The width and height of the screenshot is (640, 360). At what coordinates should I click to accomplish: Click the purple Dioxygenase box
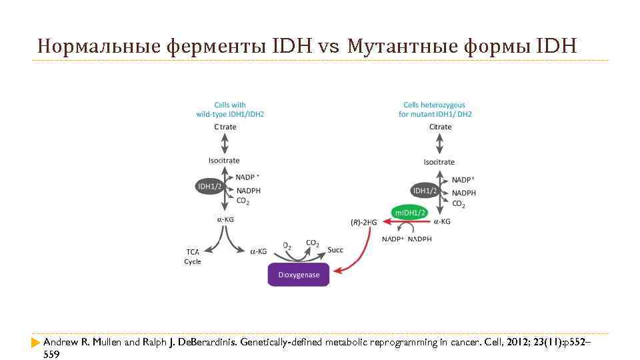(298, 275)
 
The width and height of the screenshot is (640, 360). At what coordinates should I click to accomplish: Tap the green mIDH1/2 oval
(410, 212)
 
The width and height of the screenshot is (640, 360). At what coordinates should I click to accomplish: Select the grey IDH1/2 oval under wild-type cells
(210, 187)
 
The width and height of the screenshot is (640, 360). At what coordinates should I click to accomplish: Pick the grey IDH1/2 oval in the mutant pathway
(425, 191)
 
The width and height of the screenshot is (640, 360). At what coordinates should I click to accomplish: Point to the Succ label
(335, 250)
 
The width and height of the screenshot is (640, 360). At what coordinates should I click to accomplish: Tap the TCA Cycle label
(193, 257)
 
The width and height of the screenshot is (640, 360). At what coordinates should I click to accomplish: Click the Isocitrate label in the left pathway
(224, 161)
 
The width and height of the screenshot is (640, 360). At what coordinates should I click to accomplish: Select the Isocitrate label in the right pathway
(439, 162)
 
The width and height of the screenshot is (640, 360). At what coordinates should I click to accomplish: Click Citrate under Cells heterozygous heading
(440, 127)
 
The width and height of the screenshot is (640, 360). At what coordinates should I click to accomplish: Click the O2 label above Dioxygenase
(287, 246)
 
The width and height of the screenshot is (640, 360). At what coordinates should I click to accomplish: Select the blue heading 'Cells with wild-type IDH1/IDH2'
(230, 109)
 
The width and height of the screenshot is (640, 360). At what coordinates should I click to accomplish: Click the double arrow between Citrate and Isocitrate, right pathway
(439, 144)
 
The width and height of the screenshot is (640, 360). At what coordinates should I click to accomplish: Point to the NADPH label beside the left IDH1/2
(249, 191)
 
